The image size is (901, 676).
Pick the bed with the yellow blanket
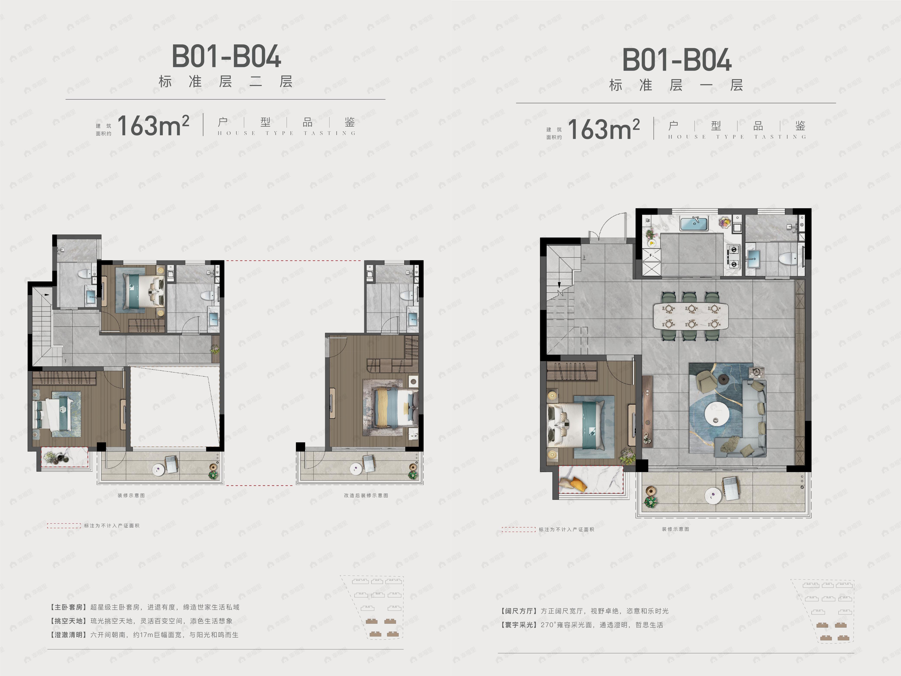pyautogui.click(x=393, y=408)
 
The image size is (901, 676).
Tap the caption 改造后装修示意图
pyautogui.click(x=366, y=496)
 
